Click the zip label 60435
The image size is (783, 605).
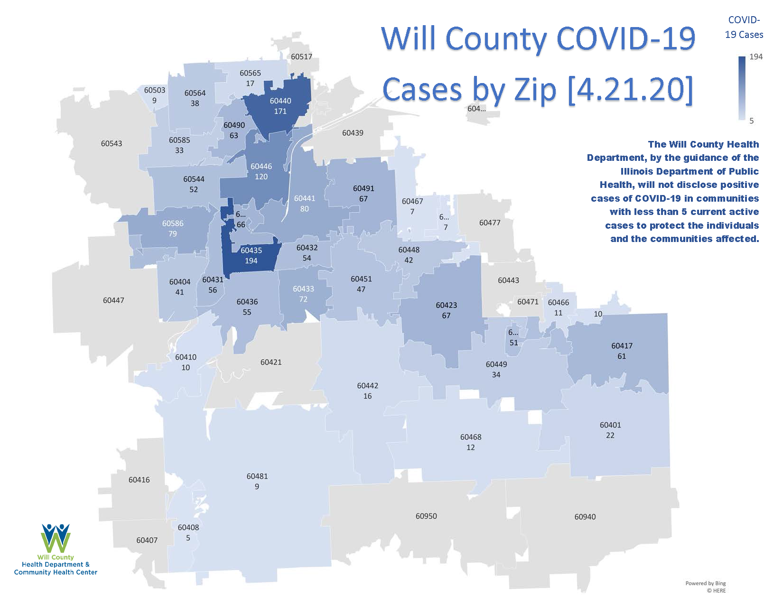251,251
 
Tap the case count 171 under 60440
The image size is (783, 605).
280,112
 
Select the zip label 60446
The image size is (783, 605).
261,167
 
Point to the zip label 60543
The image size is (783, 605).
112,143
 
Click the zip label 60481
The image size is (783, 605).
257,476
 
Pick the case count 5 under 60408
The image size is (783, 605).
188,538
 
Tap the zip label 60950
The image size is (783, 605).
426,516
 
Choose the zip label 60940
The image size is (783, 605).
585,517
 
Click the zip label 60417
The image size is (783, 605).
622,346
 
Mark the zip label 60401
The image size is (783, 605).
610,425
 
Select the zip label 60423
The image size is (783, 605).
446,305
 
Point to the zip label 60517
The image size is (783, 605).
301,57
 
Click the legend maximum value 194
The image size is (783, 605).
756,57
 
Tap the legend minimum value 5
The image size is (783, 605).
751,121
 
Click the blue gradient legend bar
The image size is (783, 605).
742,88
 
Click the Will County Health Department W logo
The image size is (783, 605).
56,538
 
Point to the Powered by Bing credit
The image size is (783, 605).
705,583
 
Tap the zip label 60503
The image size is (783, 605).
155,90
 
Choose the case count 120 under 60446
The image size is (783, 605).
261,177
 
